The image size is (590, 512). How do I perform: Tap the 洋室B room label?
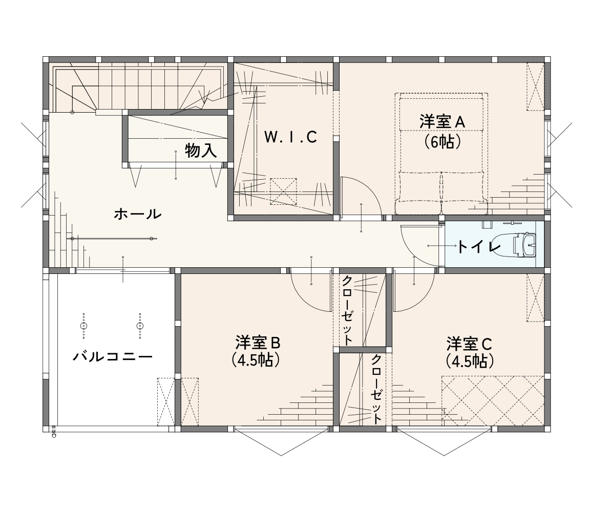click(x=258, y=343)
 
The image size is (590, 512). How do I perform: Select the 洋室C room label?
click(x=469, y=344)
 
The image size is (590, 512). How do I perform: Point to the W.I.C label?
click(x=290, y=137)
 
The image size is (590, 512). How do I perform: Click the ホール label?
click(x=138, y=214)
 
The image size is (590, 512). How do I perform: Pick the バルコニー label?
click(x=113, y=355)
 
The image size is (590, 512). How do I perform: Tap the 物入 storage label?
click(x=201, y=151)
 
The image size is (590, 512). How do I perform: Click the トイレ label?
click(x=478, y=247)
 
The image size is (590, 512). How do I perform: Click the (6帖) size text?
click(x=442, y=141)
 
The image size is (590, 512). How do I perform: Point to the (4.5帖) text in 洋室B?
click(x=256, y=360)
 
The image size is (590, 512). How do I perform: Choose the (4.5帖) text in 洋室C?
click(x=469, y=361)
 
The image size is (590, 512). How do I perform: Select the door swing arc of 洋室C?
click(x=424, y=300)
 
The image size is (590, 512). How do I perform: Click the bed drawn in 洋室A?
click(x=441, y=154)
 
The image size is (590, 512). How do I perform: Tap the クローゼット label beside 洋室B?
click(x=347, y=310)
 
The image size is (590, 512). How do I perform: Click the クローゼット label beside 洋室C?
click(x=376, y=388)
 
